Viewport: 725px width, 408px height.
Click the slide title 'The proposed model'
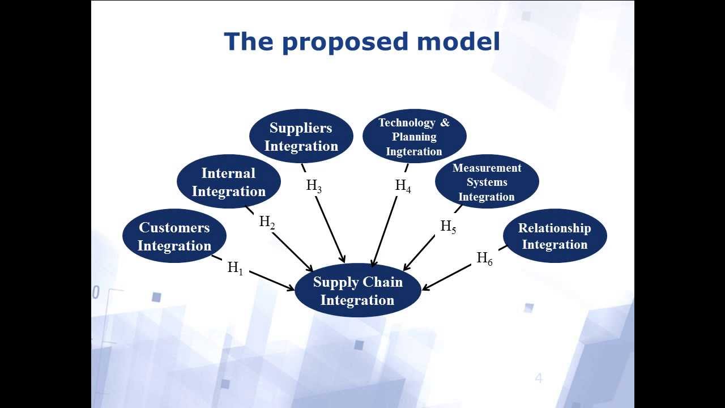coord(362,42)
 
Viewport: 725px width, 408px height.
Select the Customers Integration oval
coord(174,236)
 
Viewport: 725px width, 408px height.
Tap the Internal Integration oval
coord(229,182)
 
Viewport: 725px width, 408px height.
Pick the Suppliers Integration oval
coord(301,137)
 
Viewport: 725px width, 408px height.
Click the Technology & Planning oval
coord(414,137)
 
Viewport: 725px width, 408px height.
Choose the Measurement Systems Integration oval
coord(487,182)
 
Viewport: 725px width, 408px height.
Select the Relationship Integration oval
coord(555,236)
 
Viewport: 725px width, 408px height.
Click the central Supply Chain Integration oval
coord(357,291)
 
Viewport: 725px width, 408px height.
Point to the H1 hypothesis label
coord(235,268)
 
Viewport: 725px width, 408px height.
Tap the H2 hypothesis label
coord(267,222)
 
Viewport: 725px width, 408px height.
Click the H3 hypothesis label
coord(314,186)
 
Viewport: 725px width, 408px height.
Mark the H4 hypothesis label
coord(403,186)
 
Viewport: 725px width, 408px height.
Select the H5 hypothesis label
coord(448,227)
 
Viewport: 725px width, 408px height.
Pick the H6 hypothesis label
coord(484,259)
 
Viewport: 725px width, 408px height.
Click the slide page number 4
coord(539,378)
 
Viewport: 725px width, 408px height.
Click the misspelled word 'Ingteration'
coord(414,151)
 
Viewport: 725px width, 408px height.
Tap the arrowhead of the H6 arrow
coord(425,288)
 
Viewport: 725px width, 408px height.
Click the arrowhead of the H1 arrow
coord(292,289)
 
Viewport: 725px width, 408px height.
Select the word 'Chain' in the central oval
coord(382,282)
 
